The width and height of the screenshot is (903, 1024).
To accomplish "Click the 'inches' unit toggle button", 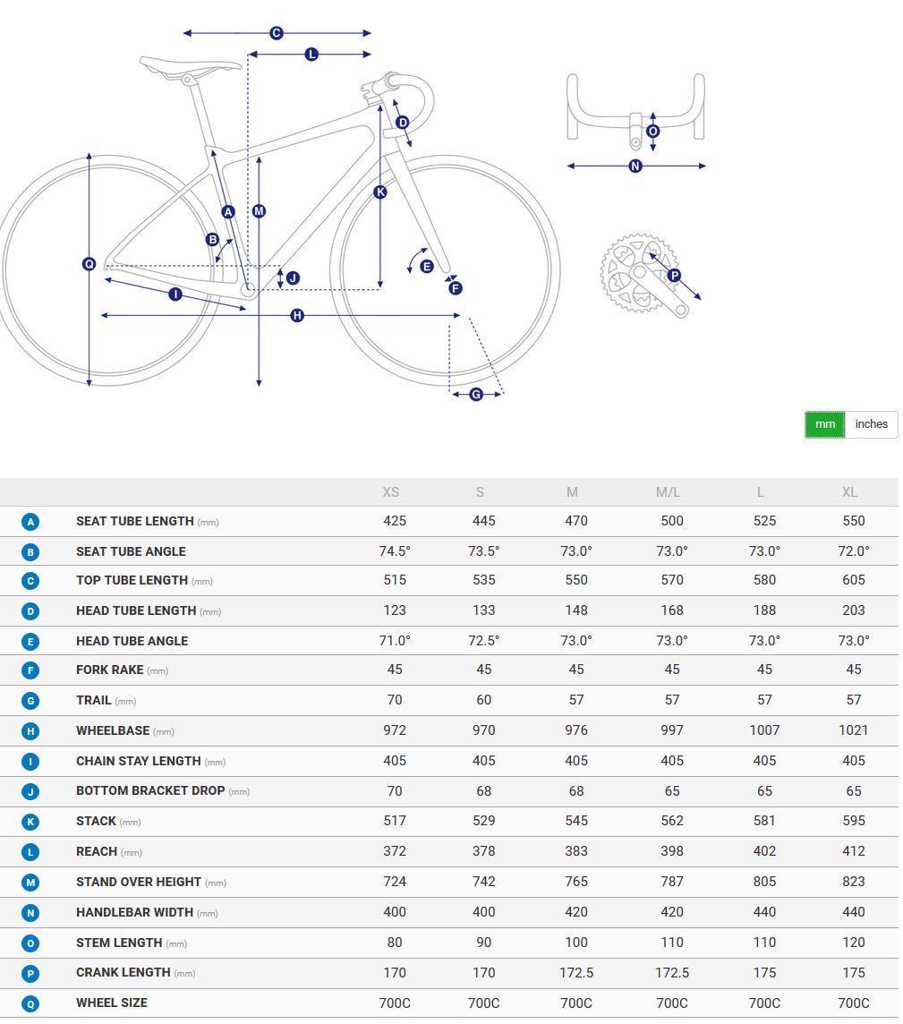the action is click(x=871, y=424).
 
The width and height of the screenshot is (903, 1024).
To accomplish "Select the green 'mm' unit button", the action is click(x=824, y=424).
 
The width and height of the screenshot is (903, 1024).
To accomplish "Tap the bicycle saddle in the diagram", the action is click(x=190, y=65).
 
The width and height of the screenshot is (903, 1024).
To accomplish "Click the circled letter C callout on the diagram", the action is click(x=277, y=32).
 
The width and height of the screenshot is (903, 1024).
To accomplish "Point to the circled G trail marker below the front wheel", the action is click(x=476, y=395).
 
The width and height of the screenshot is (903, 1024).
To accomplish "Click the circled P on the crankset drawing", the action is click(x=675, y=275).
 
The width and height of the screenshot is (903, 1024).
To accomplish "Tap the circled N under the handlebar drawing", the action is click(x=635, y=166).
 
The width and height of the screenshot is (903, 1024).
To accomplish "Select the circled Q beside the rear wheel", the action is click(x=89, y=264).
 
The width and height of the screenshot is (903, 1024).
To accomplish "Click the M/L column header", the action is click(x=668, y=492).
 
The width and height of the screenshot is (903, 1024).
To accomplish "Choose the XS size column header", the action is click(x=390, y=492).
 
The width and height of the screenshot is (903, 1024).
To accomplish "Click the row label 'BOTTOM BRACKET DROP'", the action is click(x=150, y=791).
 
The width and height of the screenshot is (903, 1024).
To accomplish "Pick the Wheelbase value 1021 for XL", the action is click(x=854, y=730).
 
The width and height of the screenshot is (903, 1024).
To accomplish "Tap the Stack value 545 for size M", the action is click(x=576, y=821).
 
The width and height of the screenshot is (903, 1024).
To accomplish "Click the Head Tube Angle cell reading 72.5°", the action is click(x=484, y=641).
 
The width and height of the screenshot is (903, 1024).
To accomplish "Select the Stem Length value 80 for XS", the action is click(x=395, y=943).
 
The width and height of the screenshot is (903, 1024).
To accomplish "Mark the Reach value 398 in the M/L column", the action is click(x=672, y=851).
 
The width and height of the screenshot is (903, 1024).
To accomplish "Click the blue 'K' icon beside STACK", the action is click(x=30, y=822).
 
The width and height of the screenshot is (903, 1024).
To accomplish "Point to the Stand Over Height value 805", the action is click(x=764, y=882).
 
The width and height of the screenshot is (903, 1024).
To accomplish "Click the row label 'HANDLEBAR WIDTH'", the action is click(x=134, y=912).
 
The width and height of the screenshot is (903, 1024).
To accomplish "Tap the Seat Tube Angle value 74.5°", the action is click(x=395, y=551).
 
